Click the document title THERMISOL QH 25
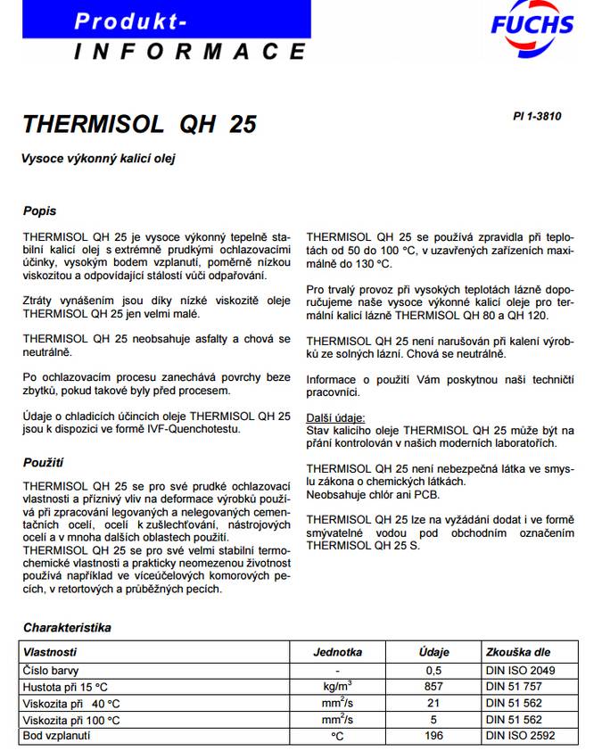tap(140, 124)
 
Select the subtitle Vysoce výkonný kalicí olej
tap(99, 159)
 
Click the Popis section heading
tap(39, 211)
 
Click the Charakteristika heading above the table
tap(67, 628)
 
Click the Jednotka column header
tap(337, 652)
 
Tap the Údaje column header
tap(434, 652)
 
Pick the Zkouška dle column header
tap(518, 652)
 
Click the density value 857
tap(434, 687)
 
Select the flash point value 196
tap(434, 737)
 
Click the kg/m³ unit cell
tap(337, 686)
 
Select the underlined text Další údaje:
tap(335, 417)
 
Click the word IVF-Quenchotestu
tap(194, 429)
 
